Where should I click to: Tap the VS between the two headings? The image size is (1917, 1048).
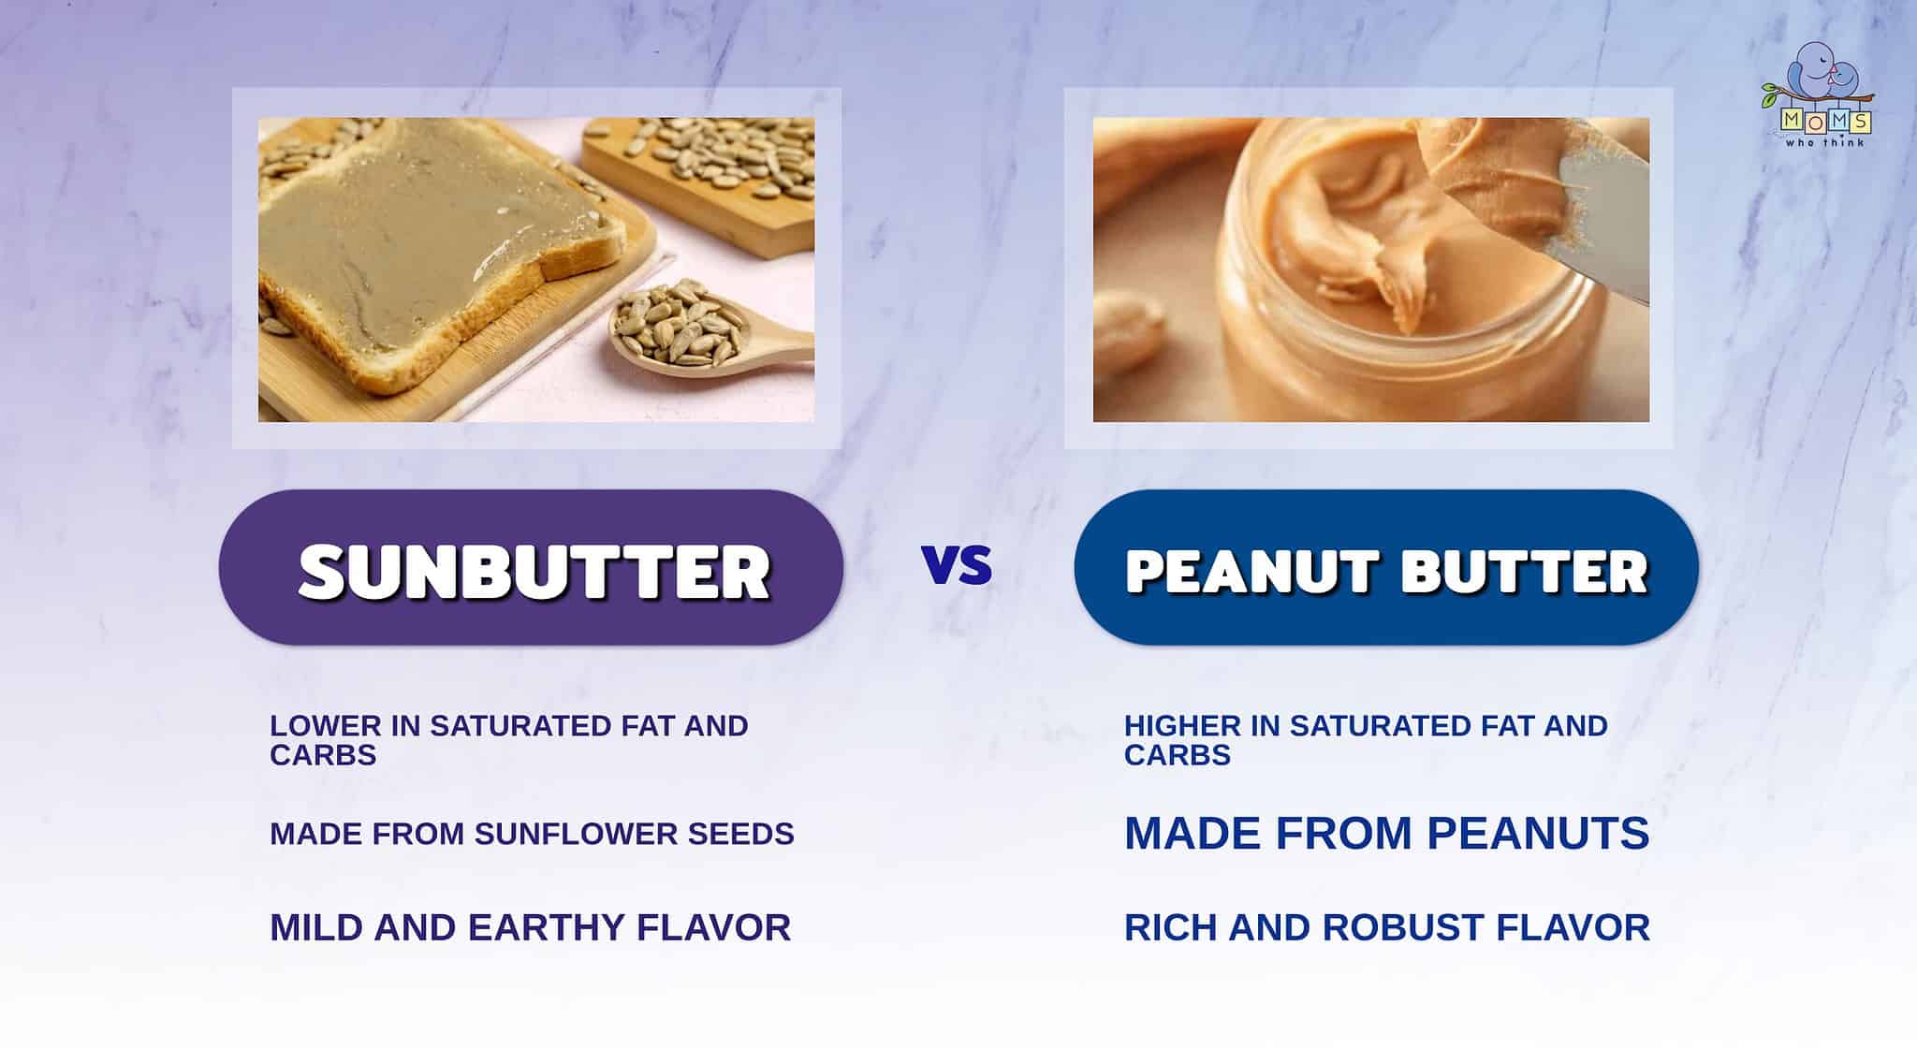(x=957, y=564)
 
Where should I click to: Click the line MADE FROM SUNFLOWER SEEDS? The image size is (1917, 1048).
(x=532, y=834)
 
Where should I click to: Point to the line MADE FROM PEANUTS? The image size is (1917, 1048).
(x=1386, y=833)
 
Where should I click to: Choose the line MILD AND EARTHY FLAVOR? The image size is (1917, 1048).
(x=530, y=927)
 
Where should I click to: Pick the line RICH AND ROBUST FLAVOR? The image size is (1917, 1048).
(x=1386, y=927)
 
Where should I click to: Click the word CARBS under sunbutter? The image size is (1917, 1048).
(x=323, y=755)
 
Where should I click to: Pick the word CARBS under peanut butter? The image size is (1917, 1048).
(x=1178, y=755)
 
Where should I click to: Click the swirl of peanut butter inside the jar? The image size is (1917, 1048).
(x=1348, y=234)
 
